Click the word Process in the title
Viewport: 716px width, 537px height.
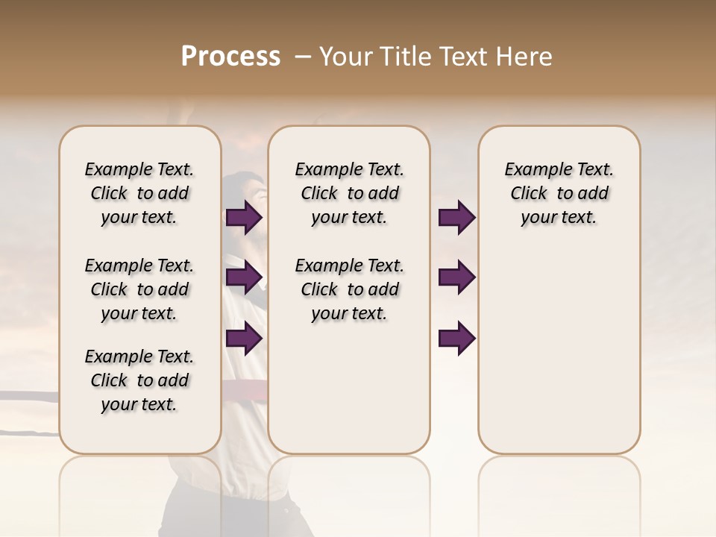[x=230, y=57]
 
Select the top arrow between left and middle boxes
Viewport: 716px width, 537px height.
[x=244, y=218]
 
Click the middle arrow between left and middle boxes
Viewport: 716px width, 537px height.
[x=244, y=277]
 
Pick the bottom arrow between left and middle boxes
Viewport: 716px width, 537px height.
[x=244, y=338]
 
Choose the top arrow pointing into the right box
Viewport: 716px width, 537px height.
[x=456, y=218]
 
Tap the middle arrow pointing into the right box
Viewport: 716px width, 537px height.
[x=456, y=277]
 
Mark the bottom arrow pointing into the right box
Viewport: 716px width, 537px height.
[x=456, y=338]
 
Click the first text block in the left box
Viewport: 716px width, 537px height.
[x=139, y=193]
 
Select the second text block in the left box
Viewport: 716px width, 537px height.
[x=139, y=289]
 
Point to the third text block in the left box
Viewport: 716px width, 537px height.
[x=139, y=380]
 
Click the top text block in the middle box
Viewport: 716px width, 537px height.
[x=349, y=193]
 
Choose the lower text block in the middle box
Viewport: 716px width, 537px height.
[x=349, y=289]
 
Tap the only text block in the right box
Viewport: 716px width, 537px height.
[x=559, y=193]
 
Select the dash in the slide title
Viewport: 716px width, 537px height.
[x=303, y=57]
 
